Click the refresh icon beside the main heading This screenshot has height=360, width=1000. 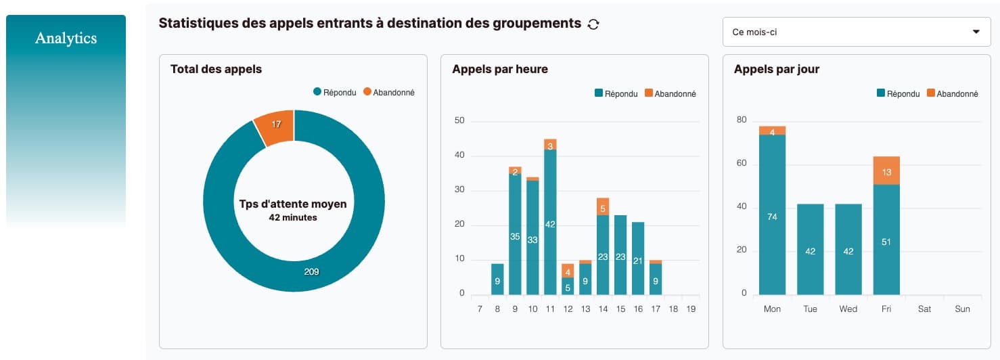point(593,24)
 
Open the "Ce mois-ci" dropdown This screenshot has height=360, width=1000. point(856,32)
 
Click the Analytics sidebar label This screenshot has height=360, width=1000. point(66,39)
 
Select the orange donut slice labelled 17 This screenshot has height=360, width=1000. point(276,125)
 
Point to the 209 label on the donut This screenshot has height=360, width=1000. point(311,272)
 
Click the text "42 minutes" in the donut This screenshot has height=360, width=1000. point(292,218)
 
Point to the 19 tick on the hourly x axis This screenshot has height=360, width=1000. point(690,309)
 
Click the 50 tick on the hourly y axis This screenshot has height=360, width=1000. point(459,121)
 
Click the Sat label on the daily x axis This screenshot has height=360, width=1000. point(924,309)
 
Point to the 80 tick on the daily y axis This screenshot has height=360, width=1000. point(742,120)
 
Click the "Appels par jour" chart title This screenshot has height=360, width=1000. point(776,69)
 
